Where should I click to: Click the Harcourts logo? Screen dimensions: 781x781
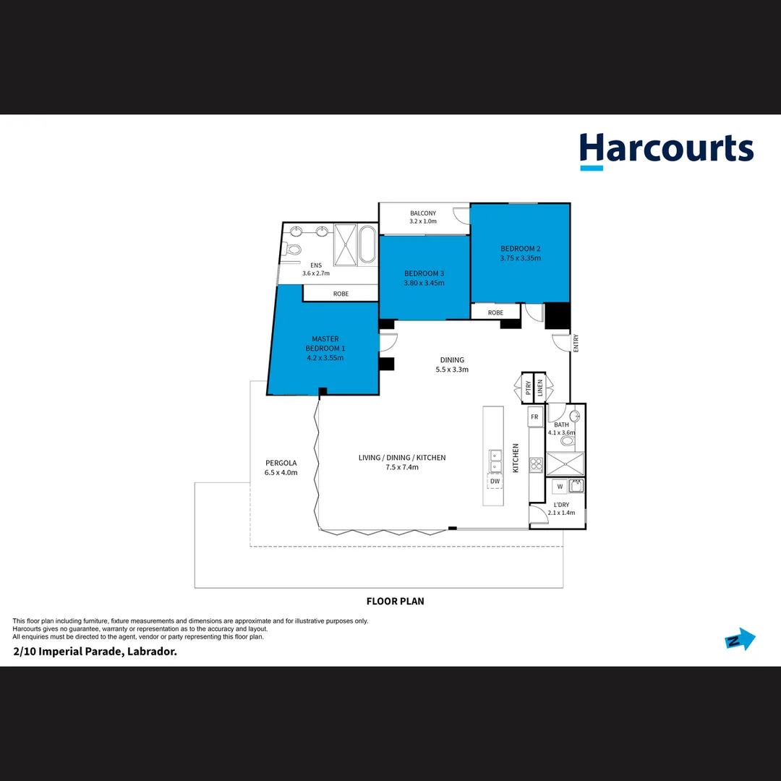(666, 150)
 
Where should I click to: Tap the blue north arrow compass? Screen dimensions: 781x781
(740, 639)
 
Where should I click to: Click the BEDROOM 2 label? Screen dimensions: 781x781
(521, 249)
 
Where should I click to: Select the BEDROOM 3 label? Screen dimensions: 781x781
(424, 273)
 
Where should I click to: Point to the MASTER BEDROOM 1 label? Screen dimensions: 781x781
(325, 343)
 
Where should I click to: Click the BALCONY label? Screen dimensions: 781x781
(423, 213)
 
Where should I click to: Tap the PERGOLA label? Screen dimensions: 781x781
(281, 463)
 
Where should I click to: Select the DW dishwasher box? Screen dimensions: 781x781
(495, 481)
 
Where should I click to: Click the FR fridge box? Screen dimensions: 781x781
(534, 417)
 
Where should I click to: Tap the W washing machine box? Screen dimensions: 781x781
(560, 486)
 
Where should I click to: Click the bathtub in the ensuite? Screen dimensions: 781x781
(367, 245)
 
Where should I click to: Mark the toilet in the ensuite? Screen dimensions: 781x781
(293, 249)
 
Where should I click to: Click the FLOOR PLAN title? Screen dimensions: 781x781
(395, 601)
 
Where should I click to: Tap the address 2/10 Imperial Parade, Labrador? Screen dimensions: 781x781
(95, 652)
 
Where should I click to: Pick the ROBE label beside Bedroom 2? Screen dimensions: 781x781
(495, 312)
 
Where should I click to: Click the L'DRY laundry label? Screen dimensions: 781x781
(560, 504)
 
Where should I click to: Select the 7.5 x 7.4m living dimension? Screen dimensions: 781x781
(402, 467)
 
